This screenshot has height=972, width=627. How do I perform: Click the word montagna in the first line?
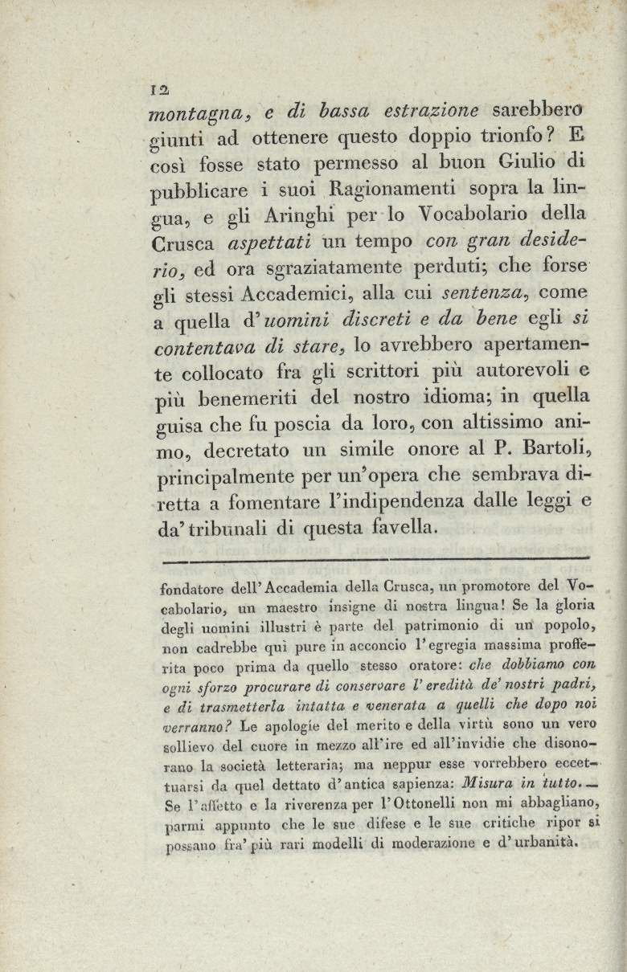188,113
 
